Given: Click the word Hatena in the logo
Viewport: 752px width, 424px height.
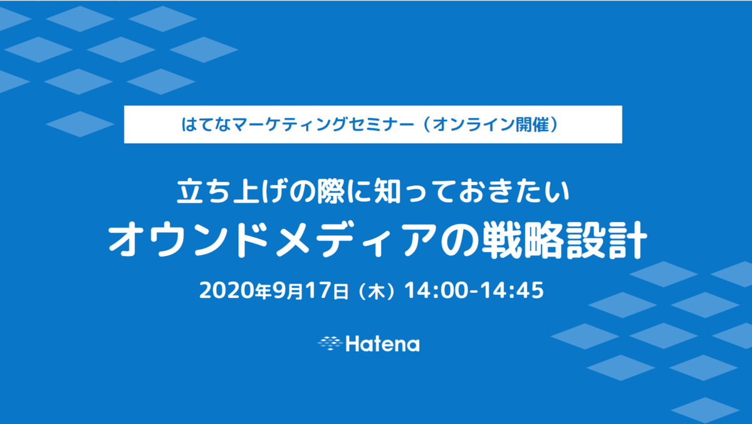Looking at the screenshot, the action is (x=383, y=344).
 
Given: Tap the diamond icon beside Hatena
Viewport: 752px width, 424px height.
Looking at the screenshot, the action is (x=330, y=343).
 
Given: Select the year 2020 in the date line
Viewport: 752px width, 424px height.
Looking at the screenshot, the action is (x=227, y=290).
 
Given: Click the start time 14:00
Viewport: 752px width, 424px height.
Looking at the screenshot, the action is (x=436, y=290).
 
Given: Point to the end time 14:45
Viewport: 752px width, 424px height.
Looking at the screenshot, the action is (x=513, y=290).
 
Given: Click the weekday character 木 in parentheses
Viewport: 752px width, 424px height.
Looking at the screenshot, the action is (x=377, y=292).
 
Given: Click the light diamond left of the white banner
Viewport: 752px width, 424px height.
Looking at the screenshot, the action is (x=80, y=124).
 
